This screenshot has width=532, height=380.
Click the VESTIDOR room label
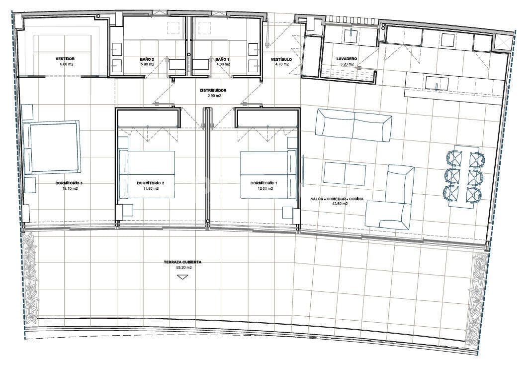point(65,59)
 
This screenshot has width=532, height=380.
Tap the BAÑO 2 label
point(147,59)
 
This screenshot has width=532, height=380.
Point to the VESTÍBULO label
point(281,59)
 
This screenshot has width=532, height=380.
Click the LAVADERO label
point(347,59)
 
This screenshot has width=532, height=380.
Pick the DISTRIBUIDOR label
point(213,91)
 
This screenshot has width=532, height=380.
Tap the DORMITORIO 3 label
point(69,183)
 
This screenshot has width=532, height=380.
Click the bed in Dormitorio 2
point(147,174)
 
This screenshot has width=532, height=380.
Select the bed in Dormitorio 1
point(268,174)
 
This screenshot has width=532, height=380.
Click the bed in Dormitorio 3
point(52,147)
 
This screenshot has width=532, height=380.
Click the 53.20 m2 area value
point(182,267)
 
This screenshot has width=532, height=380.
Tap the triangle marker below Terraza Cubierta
point(182,277)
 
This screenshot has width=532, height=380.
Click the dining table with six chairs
point(463,176)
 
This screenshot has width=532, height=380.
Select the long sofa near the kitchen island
point(353,125)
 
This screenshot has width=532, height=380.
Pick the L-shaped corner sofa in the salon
point(390,197)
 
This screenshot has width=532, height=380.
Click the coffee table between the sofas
point(345,174)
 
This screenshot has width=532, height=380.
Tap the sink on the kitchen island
point(438,83)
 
